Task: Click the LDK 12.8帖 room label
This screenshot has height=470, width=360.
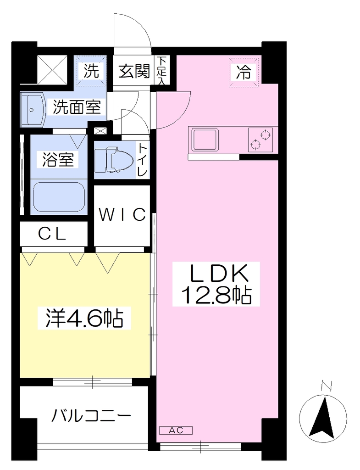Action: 216,284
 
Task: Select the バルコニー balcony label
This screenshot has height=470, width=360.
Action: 91,416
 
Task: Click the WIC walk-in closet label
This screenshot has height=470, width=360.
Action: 122,214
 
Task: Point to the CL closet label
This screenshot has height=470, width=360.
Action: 52,234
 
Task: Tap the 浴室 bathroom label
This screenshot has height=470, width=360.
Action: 58,159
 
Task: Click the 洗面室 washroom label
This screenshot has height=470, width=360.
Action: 77,106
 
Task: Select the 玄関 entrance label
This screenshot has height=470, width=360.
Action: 134,72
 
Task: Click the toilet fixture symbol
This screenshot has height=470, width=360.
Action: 114,159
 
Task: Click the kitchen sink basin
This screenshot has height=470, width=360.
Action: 205,139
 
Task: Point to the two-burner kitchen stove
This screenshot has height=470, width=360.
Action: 260,140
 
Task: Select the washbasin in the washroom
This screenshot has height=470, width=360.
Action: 33,110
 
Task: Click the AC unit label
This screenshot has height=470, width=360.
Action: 176,431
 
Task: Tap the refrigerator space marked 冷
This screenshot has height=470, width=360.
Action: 244,72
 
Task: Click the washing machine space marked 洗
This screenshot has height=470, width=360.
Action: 91,71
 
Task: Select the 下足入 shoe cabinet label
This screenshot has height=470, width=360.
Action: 162,71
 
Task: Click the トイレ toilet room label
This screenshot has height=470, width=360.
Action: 142,159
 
